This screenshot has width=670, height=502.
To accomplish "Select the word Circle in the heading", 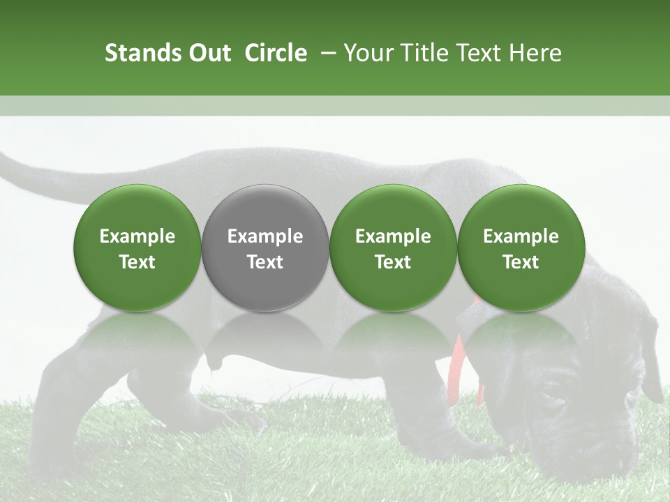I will (x=276, y=53).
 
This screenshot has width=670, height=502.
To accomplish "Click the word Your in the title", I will (x=366, y=53).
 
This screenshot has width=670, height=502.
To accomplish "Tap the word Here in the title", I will (x=535, y=53).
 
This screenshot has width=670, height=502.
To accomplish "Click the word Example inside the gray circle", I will (x=265, y=236).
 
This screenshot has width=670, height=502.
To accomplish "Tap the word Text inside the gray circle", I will (x=265, y=262).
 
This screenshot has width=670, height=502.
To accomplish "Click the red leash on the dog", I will (x=461, y=363).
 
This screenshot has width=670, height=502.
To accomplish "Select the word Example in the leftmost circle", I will (x=137, y=236).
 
